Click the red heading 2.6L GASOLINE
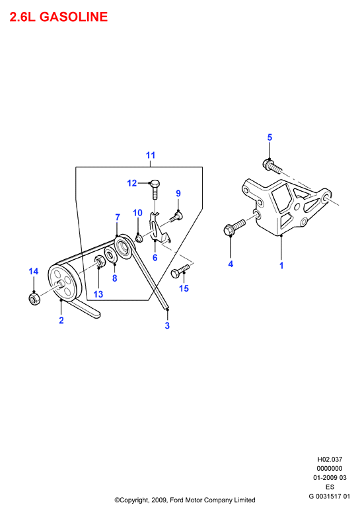(x=59, y=17)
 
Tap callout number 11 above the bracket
(x=151, y=155)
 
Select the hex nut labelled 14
(x=34, y=299)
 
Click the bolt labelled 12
(x=155, y=189)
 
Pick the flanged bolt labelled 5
(x=271, y=166)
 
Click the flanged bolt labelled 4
(x=234, y=227)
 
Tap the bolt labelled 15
(x=180, y=271)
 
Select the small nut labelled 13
(x=99, y=261)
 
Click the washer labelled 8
(x=110, y=255)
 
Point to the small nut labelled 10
(x=139, y=238)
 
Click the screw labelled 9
(x=176, y=217)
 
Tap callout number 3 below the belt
(x=167, y=325)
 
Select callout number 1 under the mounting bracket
(x=281, y=265)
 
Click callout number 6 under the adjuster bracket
(x=155, y=257)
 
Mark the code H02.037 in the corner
(x=330, y=459)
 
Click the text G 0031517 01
(x=329, y=496)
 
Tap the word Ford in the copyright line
(x=177, y=500)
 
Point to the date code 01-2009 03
(x=330, y=478)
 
